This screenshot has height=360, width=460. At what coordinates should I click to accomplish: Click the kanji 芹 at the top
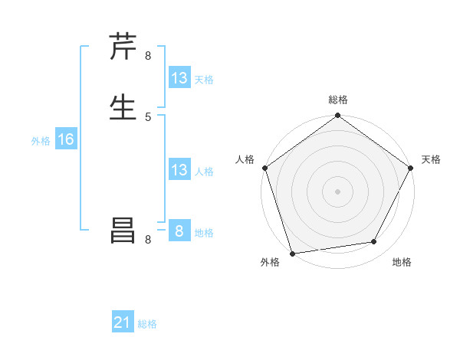pyautogui.click(x=123, y=47)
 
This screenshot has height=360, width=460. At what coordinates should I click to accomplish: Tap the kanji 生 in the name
pyautogui.click(x=123, y=106)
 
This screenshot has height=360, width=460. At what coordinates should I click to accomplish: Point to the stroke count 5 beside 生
pyautogui.click(x=148, y=116)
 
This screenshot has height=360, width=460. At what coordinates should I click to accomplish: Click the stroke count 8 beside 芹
pyautogui.click(x=148, y=56)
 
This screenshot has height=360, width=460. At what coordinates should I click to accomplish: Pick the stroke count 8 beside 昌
pyautogui.click(x=148, y=240)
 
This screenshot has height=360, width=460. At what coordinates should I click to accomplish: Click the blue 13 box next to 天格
pyautogui.click(x=179, y=78)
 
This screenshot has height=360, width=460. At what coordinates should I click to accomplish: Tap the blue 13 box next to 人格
pyautogui.click(x=179, y=170)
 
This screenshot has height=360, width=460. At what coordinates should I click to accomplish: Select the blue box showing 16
pyautogui.click(x=66, y=139)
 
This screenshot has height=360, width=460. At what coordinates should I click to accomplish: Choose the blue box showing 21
pyautogui.click(x=123, y=322)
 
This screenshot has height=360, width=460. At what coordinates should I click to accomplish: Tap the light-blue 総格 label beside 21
pyautogui.click(x=147, y=324)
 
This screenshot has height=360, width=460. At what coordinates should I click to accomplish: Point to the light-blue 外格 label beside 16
pyautogui.click(x=41, y=141)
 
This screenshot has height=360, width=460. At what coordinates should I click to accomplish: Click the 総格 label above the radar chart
pyautogui.click(x=337, y=100)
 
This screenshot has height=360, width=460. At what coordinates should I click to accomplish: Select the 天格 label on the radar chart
pyautogui.click(x=431, y=159)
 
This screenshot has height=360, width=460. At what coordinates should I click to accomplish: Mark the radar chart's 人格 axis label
pyautogui.click(x=245, y=159)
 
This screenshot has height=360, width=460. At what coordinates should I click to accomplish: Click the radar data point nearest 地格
pyautogui.click(x=374, y=242)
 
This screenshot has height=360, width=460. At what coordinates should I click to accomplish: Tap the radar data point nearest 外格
pyautogui.click(x=292, y=253)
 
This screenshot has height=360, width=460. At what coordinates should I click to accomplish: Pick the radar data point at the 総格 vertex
pyautogui.click(x=337, y=116)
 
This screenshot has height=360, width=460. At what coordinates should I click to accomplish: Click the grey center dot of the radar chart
pyautogui.click(x=337, y=191)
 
